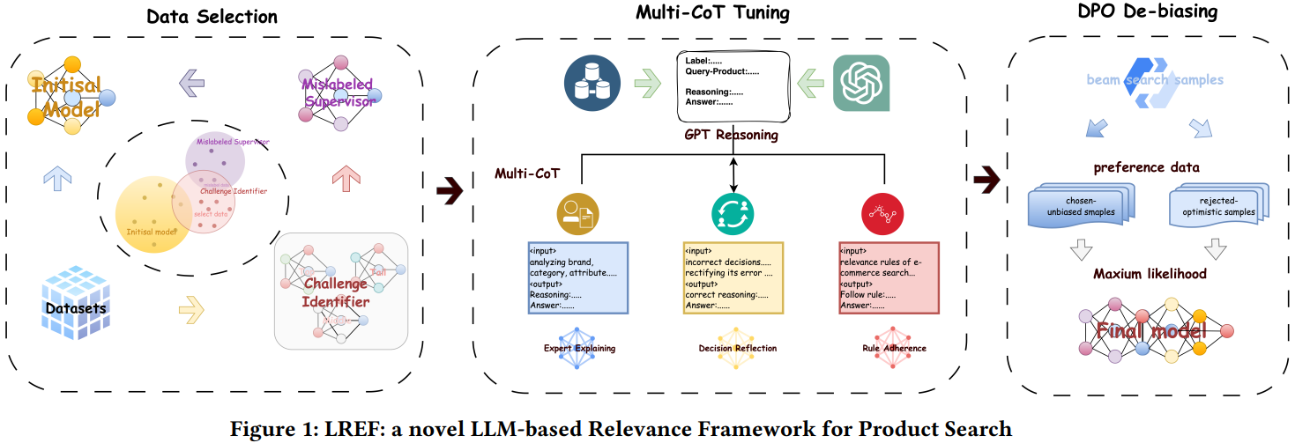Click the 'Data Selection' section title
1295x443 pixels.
pos(212,17)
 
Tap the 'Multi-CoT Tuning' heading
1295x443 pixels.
pos(712,13)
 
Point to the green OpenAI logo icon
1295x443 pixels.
pos(861,83)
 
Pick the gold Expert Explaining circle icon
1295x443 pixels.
pos(577,212)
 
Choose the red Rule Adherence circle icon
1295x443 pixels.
pos(886,212)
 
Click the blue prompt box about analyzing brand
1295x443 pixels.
pos(577,277)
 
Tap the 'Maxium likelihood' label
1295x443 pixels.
pos(1150,274)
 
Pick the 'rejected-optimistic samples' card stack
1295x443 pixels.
pos(1217,206)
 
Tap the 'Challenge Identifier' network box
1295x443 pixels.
pos(342,289)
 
